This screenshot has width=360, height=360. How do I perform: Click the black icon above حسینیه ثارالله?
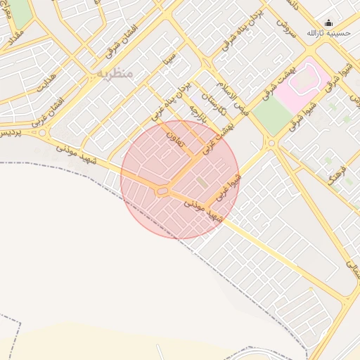[328, 22]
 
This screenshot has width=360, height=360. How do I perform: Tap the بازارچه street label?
[195, 112]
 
